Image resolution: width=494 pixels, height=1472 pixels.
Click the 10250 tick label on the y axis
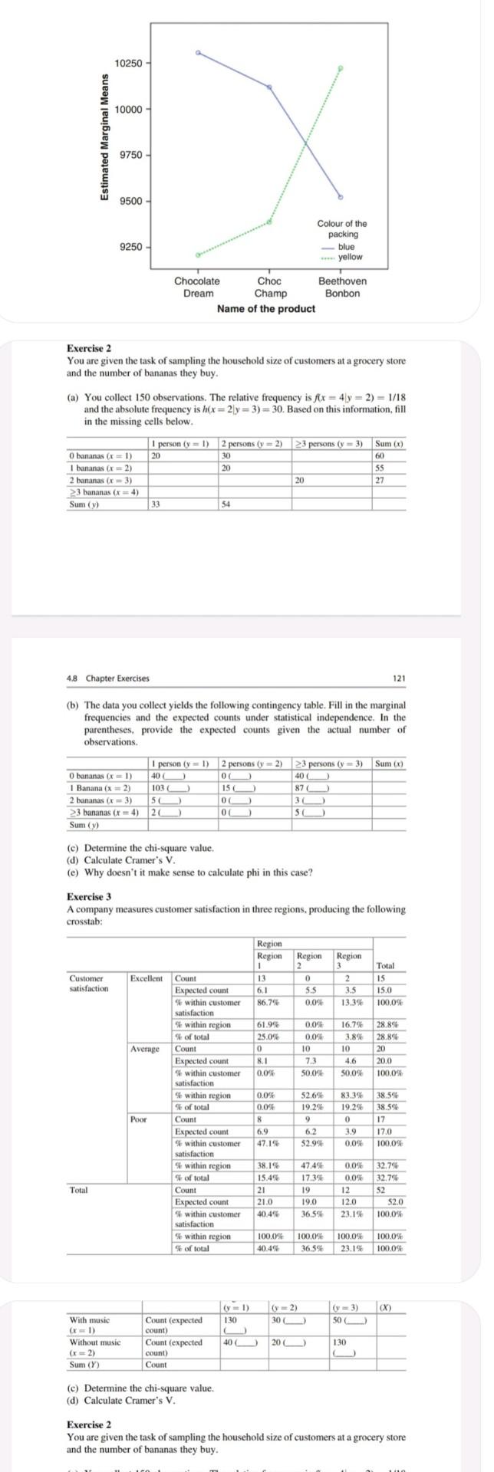[128, 62]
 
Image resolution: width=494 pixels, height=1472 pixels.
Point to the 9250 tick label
[130, 248]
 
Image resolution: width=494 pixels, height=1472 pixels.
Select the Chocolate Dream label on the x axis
[197, 287]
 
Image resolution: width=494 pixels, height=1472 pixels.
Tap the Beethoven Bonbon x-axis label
[342, 287]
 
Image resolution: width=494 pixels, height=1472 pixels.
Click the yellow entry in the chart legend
[350, 257]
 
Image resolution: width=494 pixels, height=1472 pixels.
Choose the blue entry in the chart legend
[346, 247]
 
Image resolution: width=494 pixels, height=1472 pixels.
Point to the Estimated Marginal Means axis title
[104, 136]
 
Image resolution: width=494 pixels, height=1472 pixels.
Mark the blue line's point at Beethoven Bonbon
[341, 197]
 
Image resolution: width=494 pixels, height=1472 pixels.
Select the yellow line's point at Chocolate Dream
[198, 255]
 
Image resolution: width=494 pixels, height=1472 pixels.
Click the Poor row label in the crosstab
[138, 1119]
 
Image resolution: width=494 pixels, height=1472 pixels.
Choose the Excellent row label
[146, 978]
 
